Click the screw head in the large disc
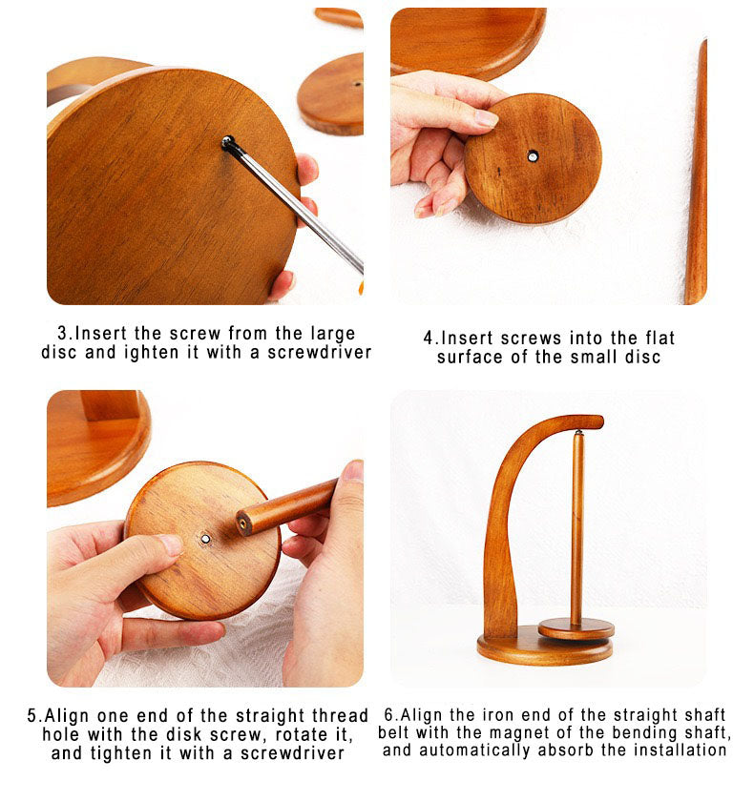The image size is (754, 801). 228,141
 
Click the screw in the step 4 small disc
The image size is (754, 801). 533,156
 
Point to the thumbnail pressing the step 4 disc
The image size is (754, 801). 486,118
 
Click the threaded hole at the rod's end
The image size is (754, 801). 243,525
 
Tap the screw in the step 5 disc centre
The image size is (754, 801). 205,539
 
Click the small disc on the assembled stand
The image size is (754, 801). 576,627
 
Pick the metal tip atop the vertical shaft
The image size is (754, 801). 578,433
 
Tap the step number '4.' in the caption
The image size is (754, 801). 429,339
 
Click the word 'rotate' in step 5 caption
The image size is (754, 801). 305,734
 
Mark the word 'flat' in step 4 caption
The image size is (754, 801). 660,339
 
